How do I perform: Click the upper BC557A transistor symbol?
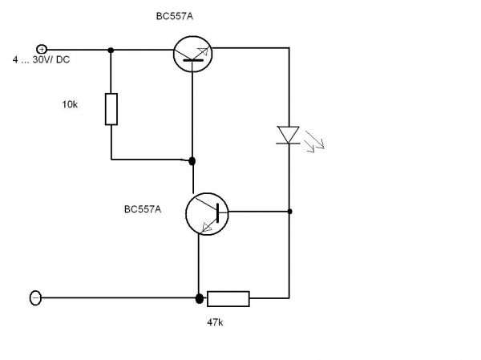point(193,54)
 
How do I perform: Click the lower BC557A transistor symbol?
point(206,213)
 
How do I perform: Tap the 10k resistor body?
point(111,109)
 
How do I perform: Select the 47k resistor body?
point(228,299)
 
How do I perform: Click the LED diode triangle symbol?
point(288,134)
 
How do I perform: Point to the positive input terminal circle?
point(42,50)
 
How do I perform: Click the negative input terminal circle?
point(35,298)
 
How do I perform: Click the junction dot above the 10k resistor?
point(111,50)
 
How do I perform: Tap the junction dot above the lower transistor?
point(193,161)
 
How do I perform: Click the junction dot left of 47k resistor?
point(198,299)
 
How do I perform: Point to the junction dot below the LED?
point(289,212)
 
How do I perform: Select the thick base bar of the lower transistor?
point(217,212)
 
